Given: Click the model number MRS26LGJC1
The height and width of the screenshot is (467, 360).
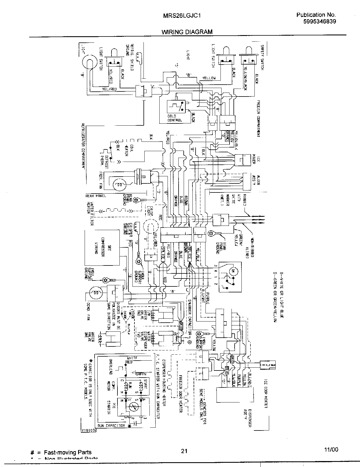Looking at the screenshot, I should pyautogui.click(x=182, y=16).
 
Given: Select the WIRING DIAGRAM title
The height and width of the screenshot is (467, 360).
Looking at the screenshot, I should pyautogui.click(x=187, y=32).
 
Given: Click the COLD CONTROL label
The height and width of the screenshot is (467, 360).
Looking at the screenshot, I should pyautogui.click(x=175, y=118).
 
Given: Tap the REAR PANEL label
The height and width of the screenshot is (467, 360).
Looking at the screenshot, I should pyautogui.click(x=96, y=196).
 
